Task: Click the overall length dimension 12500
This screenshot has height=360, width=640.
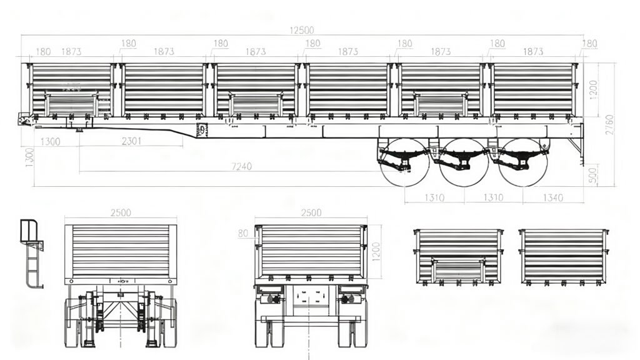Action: tap(302, 30)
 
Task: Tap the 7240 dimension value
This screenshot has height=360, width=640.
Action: tap(242, 166)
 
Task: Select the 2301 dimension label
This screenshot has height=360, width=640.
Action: tap(131, 141)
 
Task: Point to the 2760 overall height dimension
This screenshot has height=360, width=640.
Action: tap(609, 125)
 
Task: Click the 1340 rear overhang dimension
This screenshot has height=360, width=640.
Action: tap(552, 197)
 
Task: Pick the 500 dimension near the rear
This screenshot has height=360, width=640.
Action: tap(593, 175)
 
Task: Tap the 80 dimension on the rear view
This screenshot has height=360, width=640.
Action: tap(243, 234)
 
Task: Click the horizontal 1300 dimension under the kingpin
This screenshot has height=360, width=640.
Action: tap(51, 142)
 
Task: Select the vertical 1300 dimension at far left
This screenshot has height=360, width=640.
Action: tap(29, 157)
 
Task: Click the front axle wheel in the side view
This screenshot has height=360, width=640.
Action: tap(405, 162)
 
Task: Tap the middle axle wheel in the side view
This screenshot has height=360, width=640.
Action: tap(464, 162)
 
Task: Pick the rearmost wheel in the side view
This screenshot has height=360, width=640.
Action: tap(523, 162)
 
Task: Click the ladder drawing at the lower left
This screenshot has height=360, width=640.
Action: tap(32, 254)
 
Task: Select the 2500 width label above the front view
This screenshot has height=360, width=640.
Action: tap(121, 212)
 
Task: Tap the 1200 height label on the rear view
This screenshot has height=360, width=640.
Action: tap(376, 252)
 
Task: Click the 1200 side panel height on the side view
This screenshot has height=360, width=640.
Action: tap(594, 89)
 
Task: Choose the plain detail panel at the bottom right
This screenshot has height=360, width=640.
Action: tap(564, 257)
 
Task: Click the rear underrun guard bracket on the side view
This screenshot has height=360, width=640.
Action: tap(576, 144)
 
